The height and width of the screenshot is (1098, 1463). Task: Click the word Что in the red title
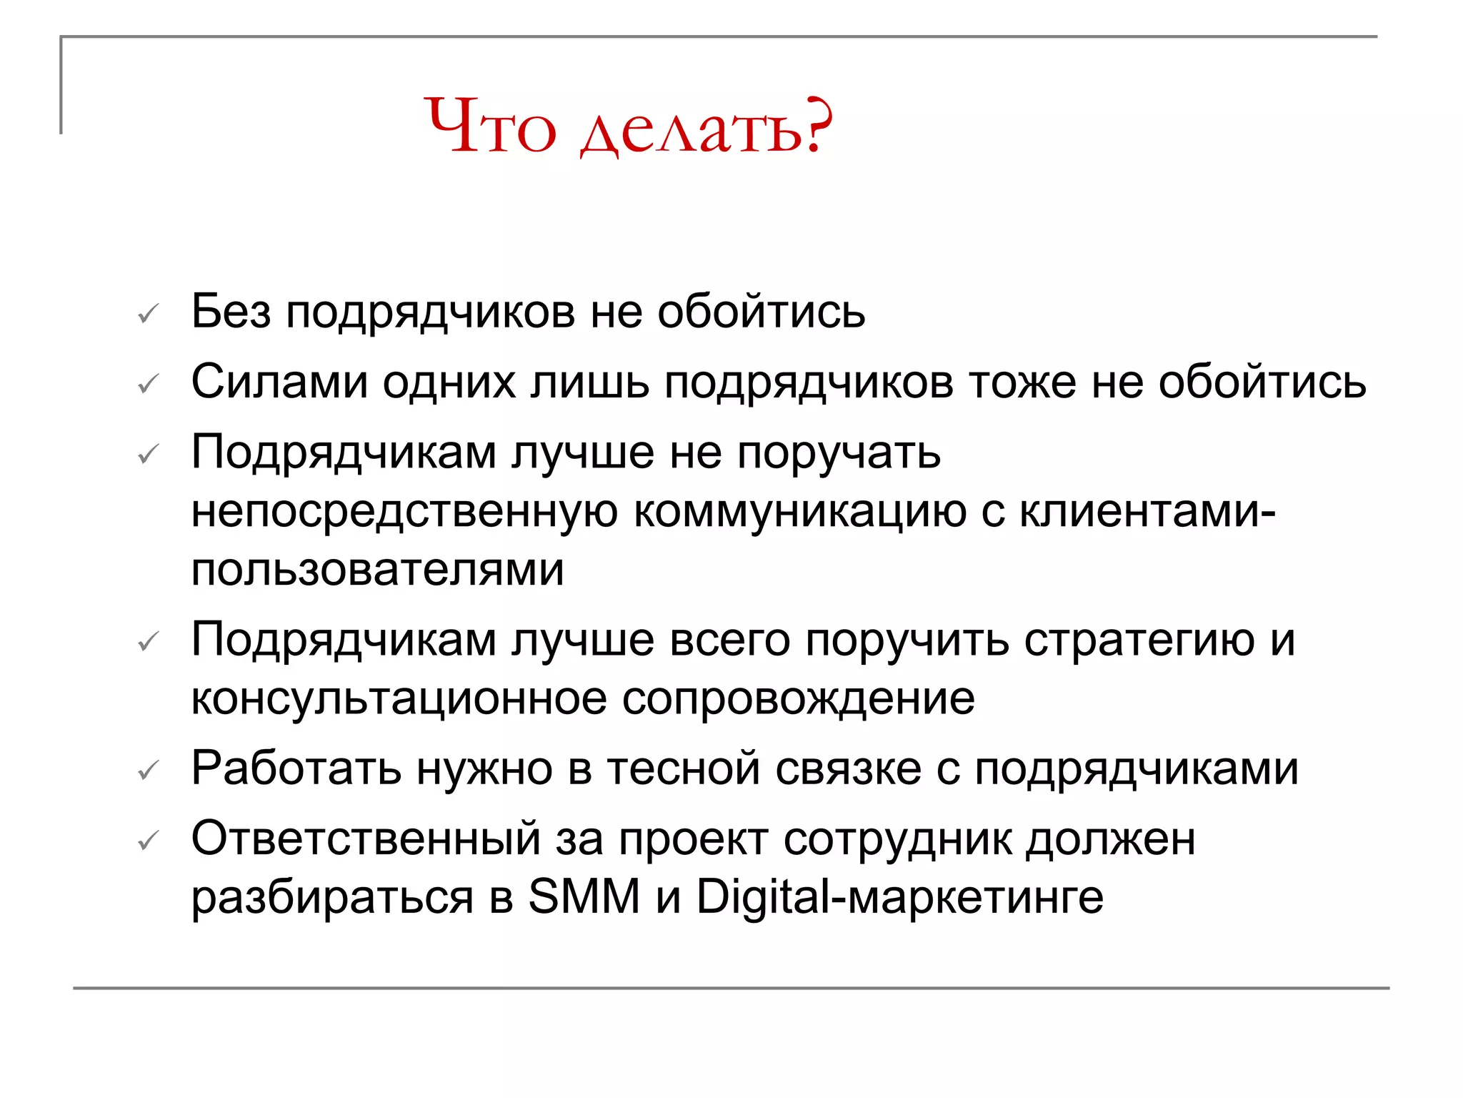click(x=490, y=126)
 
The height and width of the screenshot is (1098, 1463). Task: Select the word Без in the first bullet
click(x=231, y=312)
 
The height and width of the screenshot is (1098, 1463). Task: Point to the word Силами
click(x=279, y=382)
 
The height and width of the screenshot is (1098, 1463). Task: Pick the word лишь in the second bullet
click(x=589, y=382)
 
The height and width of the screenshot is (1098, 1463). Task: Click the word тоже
click(x=1022, y=382)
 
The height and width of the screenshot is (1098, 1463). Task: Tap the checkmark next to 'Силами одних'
click(x=148, y=384)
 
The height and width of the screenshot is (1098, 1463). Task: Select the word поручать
click(x=839, y=453)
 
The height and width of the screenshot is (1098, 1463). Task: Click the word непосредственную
click(x=404, y=512)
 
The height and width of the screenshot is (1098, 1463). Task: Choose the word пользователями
click(x=378, y=570)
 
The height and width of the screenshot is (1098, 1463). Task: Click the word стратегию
click(x=1139, y=639)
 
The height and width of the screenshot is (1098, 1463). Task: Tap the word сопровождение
click(x=798, y=698)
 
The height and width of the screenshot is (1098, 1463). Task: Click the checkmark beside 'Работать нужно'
click(x=148, y=770)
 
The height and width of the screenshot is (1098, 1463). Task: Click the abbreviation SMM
click(x=584, y=896)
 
